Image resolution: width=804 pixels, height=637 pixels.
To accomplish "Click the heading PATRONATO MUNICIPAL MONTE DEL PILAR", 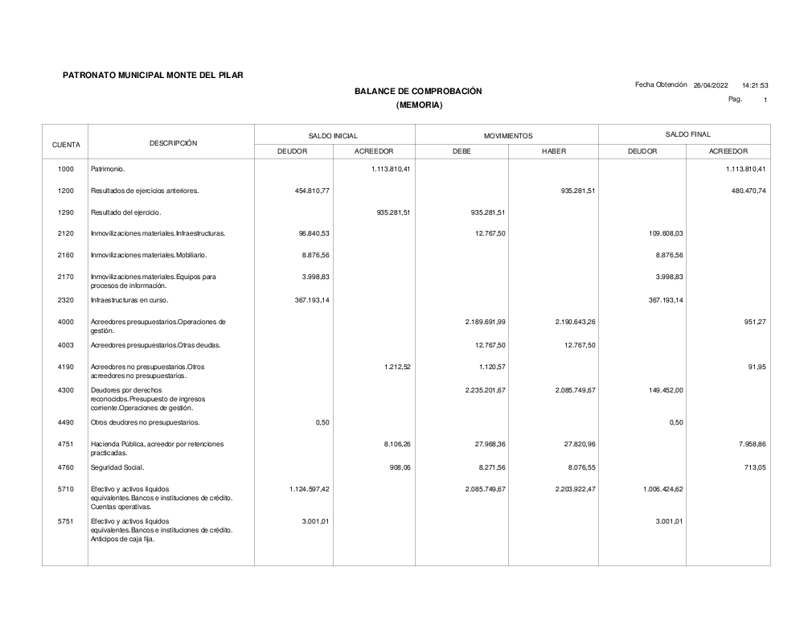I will tap(153, 76).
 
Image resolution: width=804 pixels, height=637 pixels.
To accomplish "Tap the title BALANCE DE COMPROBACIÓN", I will tap(418, 92).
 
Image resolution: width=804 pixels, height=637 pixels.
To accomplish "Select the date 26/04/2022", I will tap(711, 85).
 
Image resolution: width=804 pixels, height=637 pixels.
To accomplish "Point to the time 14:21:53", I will tap(755, 85).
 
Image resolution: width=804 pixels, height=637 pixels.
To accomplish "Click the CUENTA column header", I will tap(66, 145).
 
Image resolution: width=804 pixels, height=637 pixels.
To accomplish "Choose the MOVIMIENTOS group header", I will tap(507, 136).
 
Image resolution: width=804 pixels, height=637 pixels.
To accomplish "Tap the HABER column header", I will tap(554, 151).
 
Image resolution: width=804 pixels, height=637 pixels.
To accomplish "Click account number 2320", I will tap(66, 300).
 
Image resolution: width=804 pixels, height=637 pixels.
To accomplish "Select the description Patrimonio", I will tap(108, 170).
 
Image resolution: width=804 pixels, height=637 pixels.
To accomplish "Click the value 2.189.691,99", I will tap(485, 322).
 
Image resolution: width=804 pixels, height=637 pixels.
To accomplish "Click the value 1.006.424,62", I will tap(662, 488).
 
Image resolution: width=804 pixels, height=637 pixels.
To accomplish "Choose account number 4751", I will tap(66, 444).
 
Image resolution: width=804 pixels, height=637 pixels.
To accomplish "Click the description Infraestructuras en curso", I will tap(129, 300).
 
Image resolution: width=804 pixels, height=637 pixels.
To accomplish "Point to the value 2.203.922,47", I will tap(575, 488).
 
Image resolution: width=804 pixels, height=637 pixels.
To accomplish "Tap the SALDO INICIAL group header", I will tap(333, 136).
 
